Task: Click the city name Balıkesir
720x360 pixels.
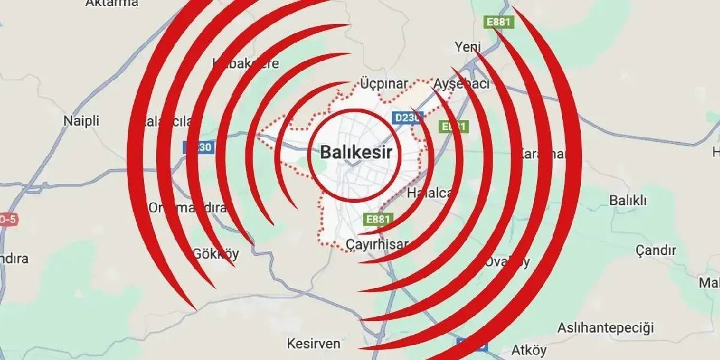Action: point(356,152)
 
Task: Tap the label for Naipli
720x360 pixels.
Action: point(81,121)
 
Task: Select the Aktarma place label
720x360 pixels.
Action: point(112,3)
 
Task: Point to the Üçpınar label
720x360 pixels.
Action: point(384,83)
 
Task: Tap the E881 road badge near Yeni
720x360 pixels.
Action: point(498,22)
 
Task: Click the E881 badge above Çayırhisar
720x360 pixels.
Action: point(378,219)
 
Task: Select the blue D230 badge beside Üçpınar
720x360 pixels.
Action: point(409,118)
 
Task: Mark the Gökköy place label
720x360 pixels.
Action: point(215,254)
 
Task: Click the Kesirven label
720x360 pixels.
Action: point(314,344)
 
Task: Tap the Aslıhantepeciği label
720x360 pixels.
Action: point(605,328)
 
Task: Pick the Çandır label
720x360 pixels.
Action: point(656,250)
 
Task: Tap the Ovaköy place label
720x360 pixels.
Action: point(508,262)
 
